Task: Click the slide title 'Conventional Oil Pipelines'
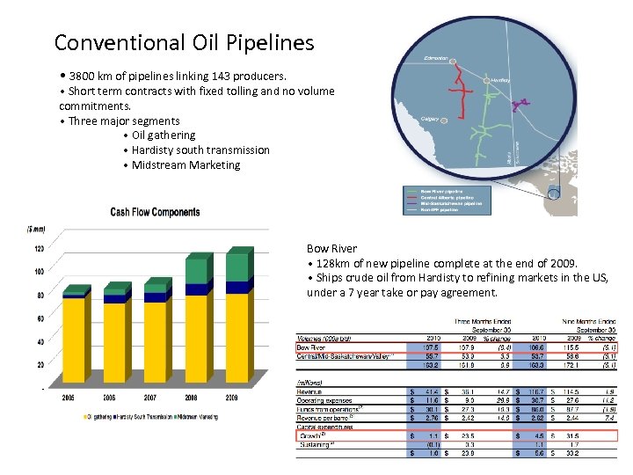tap(184, 42)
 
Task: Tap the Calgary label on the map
tap(431, 119)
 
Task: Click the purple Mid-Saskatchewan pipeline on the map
tap(519, 106)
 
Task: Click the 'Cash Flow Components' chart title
tap(154, 212)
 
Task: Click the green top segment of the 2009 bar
tap(236, 266)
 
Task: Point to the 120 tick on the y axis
tap(39, 249)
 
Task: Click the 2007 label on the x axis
tap(156, 398)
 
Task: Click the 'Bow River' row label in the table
tap(310, 347)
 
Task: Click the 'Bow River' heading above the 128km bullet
tap(331, 249)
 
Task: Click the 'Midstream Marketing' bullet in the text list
tap(186, 165)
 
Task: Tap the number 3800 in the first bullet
tap(84, 77)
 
